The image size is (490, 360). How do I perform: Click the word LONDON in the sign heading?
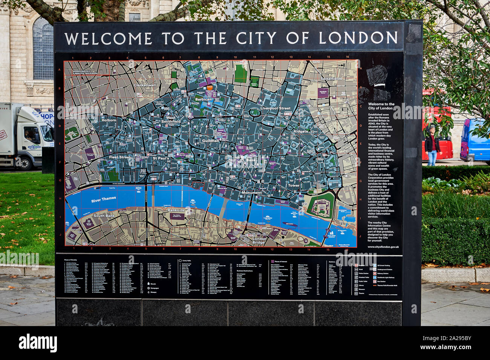coord(358,38)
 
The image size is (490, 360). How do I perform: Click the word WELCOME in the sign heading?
coord(108,39)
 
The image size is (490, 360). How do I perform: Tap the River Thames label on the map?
coord(104,199)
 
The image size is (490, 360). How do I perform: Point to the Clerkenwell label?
coord(144,85)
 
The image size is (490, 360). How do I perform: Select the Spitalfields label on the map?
coord(331,79)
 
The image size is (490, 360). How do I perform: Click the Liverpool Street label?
coord(276,108)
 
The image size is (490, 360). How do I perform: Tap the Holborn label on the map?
coord(109,120)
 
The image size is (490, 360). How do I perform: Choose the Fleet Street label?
coord(119,157)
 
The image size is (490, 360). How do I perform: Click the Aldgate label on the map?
coord(301,131)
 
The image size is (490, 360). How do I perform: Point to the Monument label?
coord(251,193)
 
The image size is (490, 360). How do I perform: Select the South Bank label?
coord(104,216)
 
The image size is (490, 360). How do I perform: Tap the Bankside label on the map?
coord(176,210)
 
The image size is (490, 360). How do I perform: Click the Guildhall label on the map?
coord(210,141)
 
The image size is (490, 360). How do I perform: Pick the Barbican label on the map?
coord(204,100)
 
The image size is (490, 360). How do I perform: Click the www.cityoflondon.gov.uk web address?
coord(383,247)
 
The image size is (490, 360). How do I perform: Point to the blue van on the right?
coord(475,139)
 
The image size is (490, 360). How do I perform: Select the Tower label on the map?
coord(294,185)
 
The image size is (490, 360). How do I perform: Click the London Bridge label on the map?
coord(259,241)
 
